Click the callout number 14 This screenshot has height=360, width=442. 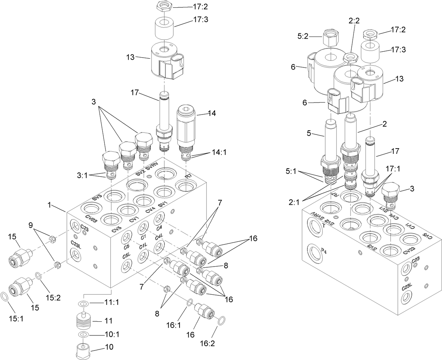point(212,113)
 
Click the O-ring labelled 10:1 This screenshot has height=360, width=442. point(83,334)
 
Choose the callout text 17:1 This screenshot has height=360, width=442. point(393,169)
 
